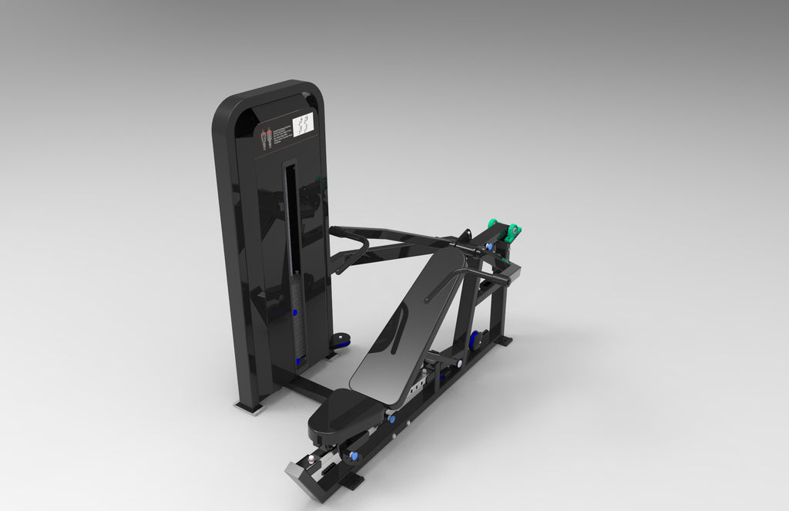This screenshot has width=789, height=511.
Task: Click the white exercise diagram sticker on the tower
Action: click(x=305, y=124)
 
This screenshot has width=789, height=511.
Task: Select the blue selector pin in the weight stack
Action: click(x=295, y=314)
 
